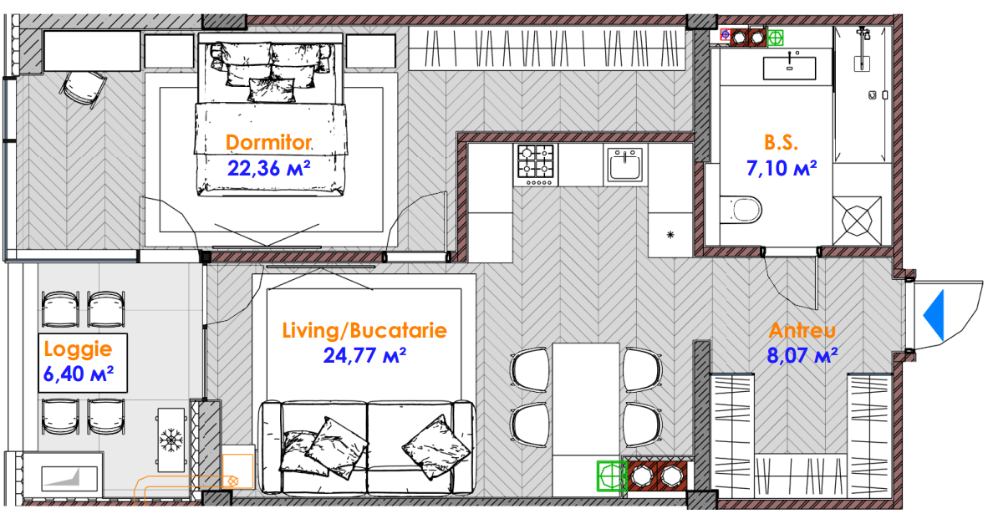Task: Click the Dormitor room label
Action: (268, 142)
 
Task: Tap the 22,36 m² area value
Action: (268, 168)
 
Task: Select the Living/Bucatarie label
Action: (364, 331)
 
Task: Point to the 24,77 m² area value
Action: (364, 356)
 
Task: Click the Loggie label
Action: (78, 348)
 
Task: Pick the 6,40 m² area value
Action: (78, 374)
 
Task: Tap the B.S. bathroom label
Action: (782, 142)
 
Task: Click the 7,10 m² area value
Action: (782, 168)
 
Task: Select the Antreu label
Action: (802, 331)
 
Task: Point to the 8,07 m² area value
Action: (802, 356)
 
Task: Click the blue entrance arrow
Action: (935, 316)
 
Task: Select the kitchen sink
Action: (624, 164)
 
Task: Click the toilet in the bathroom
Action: (741, 210)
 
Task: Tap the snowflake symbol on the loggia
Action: (170, 439)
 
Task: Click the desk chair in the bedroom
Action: (84, 89)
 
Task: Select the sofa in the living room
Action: (368, 446)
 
